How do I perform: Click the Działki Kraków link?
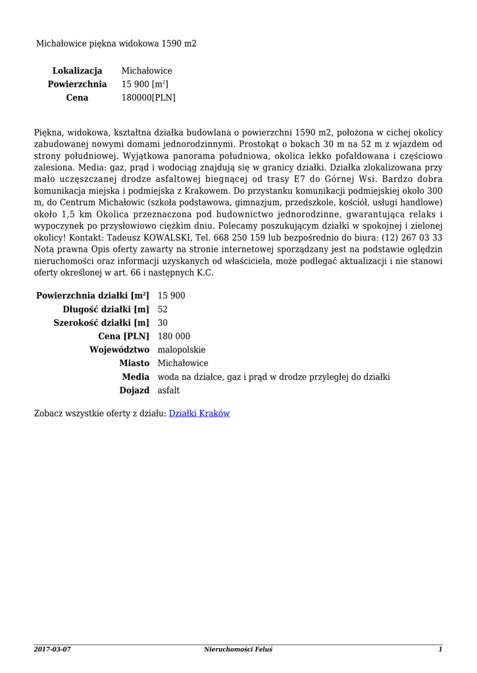[x=199, y=413]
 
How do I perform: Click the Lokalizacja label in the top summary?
[x=77, y=70]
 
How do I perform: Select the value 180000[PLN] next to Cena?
[x=149, y=98]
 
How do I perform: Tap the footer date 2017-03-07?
[x=53, y=649]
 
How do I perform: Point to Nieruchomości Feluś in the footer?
[x=238, y=649]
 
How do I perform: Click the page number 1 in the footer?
[x=440, y=649]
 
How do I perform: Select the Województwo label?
[x=119, y=350]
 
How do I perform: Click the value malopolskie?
[x=182, y=350]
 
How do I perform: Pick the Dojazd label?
[x=134, y=390]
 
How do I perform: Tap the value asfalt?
[x=168, y=390]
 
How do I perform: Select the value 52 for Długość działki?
[x=163, y=309]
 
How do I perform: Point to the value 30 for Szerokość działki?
[x=163, y=323]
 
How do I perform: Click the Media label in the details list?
[x=136, y=377]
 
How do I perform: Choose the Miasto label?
[x=134, y=363]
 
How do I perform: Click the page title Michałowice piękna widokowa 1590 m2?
[x=116, y=43]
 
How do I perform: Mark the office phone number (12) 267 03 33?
[x=414, y=237]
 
